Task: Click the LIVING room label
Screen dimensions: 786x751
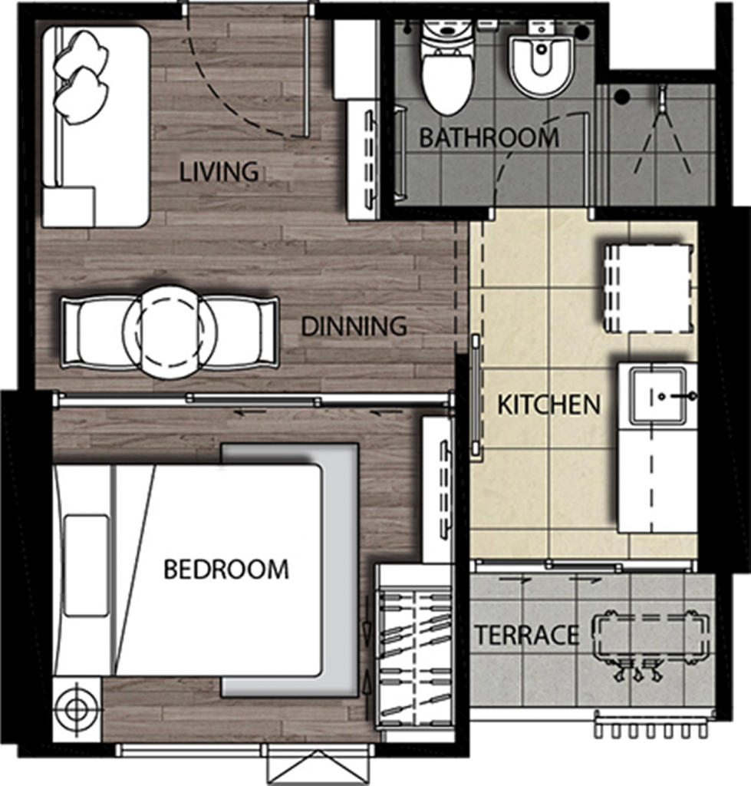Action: [x=219, y=172]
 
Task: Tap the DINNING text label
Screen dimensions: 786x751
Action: [x=354, y=326]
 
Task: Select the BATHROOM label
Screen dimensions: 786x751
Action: [x=489, y=138]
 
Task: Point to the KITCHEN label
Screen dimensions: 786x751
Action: [x=548, y=405]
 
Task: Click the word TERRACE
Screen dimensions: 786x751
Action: [x=526, y=636]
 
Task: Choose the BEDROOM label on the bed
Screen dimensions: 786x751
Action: [x=226, y=570]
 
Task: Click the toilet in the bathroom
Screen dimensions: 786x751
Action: [x=447, y=73]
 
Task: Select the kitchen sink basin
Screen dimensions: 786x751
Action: [x=658, y=395]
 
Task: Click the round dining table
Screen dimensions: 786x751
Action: [x=170, y=332]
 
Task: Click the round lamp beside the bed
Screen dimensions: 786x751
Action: [x=77, y=708]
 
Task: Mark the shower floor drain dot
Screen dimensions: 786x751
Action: [x=622, y=97]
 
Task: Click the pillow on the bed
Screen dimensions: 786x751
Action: [x=86, y=566]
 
